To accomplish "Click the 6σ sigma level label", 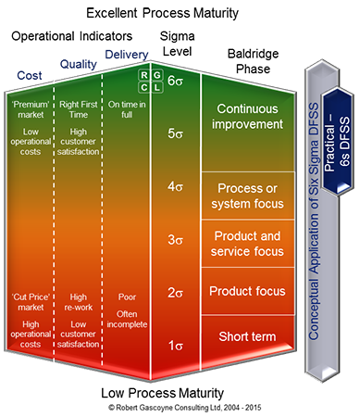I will (178, 81).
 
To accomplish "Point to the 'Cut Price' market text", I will (28, 304).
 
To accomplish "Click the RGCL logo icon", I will (149, 81).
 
